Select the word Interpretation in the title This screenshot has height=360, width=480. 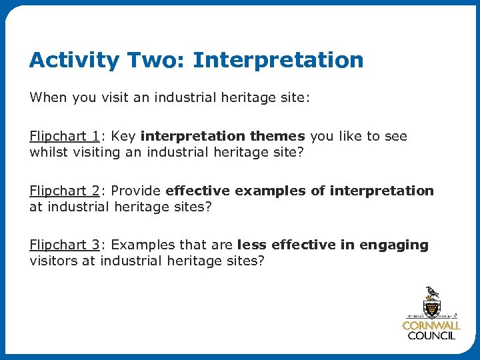[x=278, y=61]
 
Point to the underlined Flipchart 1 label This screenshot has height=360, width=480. [x=64, y=136]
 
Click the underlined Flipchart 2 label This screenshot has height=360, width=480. [x=64, y=191]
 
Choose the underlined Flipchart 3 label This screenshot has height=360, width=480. [x=64, y=245]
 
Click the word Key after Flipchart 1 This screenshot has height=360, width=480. [x=123, y=136]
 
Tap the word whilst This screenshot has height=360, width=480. [x=48, y=152]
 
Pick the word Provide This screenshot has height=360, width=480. [x=136, y=191]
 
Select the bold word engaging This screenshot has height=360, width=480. [x=394, y=245]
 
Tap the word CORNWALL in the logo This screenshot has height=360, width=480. [x=431, y=326]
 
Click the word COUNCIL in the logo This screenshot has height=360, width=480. [x=431, y=336]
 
